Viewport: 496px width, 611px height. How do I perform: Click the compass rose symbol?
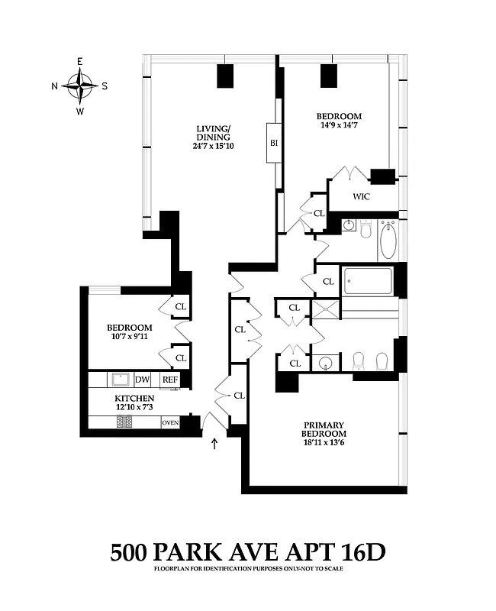pos(79,86)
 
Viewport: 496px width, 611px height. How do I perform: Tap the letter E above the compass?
pos(79,61)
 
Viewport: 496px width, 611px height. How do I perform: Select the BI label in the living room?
pos(273,142)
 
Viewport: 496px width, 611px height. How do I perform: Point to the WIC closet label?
pos(362,196)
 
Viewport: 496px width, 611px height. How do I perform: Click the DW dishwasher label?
pos(143,380)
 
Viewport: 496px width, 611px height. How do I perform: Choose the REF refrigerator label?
pos(169,380)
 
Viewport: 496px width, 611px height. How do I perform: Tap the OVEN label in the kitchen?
pos(170,422)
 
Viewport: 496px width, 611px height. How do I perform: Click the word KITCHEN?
pos(134,399)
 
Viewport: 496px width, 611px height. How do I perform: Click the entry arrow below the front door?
pos(214,442)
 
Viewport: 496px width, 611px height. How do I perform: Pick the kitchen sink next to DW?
pos(119,379)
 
